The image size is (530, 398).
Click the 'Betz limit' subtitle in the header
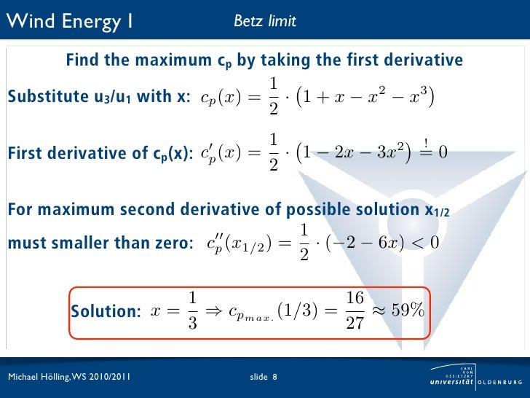[264, 21]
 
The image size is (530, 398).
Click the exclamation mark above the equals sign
[424, 141]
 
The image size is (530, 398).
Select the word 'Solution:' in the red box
[106, 311]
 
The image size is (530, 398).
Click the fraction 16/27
[355, 310]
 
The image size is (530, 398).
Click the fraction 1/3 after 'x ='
[192, 310]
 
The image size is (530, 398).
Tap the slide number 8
[274, 377]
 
